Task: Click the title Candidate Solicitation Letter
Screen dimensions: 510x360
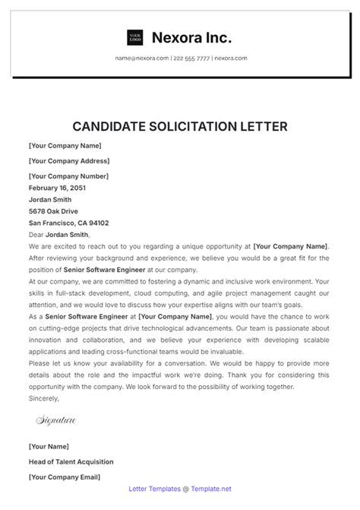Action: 180,125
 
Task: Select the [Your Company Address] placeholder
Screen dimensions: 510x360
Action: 68,160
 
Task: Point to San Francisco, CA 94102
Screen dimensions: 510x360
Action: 68,223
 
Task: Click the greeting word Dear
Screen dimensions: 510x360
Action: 36,235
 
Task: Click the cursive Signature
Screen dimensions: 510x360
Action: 56,419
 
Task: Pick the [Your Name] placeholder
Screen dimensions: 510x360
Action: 49,446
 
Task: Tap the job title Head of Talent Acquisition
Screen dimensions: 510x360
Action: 71,461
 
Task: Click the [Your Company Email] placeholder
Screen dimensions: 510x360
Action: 65,477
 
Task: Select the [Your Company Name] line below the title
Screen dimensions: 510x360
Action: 65,146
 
